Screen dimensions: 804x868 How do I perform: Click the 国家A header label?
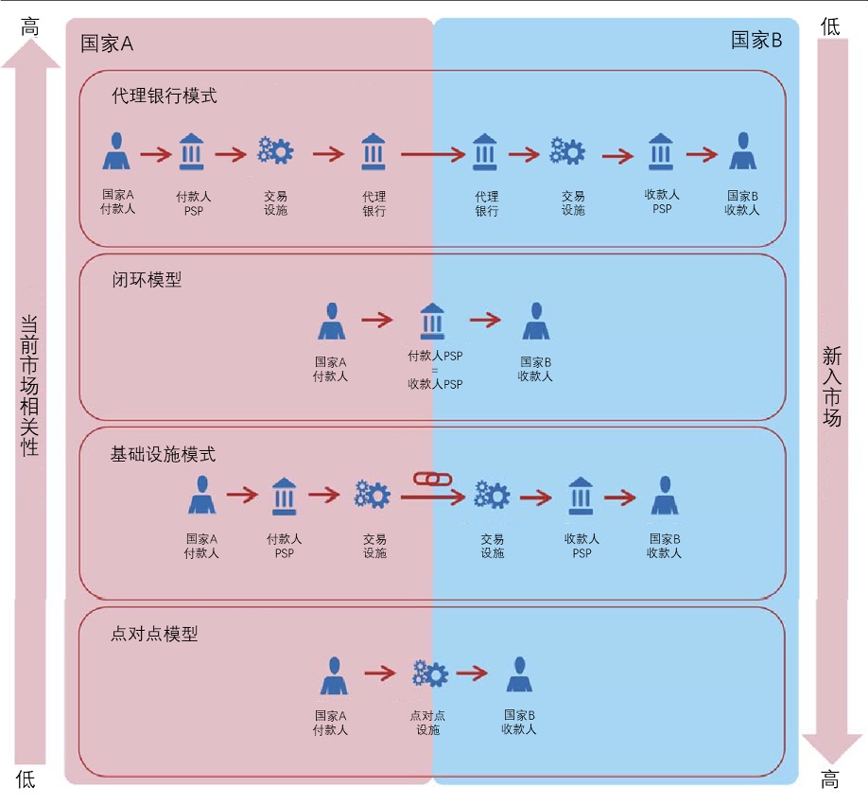coord(107,44)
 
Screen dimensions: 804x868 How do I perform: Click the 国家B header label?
coord(756,40)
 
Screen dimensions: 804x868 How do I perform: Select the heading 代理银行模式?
coord(164,96)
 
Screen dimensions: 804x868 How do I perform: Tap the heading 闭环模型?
coord(146,279)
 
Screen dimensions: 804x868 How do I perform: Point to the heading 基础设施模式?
coord(163,454)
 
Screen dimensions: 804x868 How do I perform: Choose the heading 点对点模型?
coord(154,634)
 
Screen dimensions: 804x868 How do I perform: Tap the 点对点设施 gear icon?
coord(429,673)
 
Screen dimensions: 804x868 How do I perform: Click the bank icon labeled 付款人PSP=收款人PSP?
coord(432,321)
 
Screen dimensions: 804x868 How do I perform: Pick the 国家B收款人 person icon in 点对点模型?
coord(519,675)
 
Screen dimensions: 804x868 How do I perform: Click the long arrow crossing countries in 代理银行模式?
coord(435,153)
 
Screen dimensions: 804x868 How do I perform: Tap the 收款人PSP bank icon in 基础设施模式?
coord(581,497)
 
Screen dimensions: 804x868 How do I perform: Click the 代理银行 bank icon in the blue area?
coord(486,152)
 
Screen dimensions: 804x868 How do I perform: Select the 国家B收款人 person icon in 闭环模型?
coord(535,322)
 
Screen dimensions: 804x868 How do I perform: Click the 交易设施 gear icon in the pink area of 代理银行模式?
coord(276,151)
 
